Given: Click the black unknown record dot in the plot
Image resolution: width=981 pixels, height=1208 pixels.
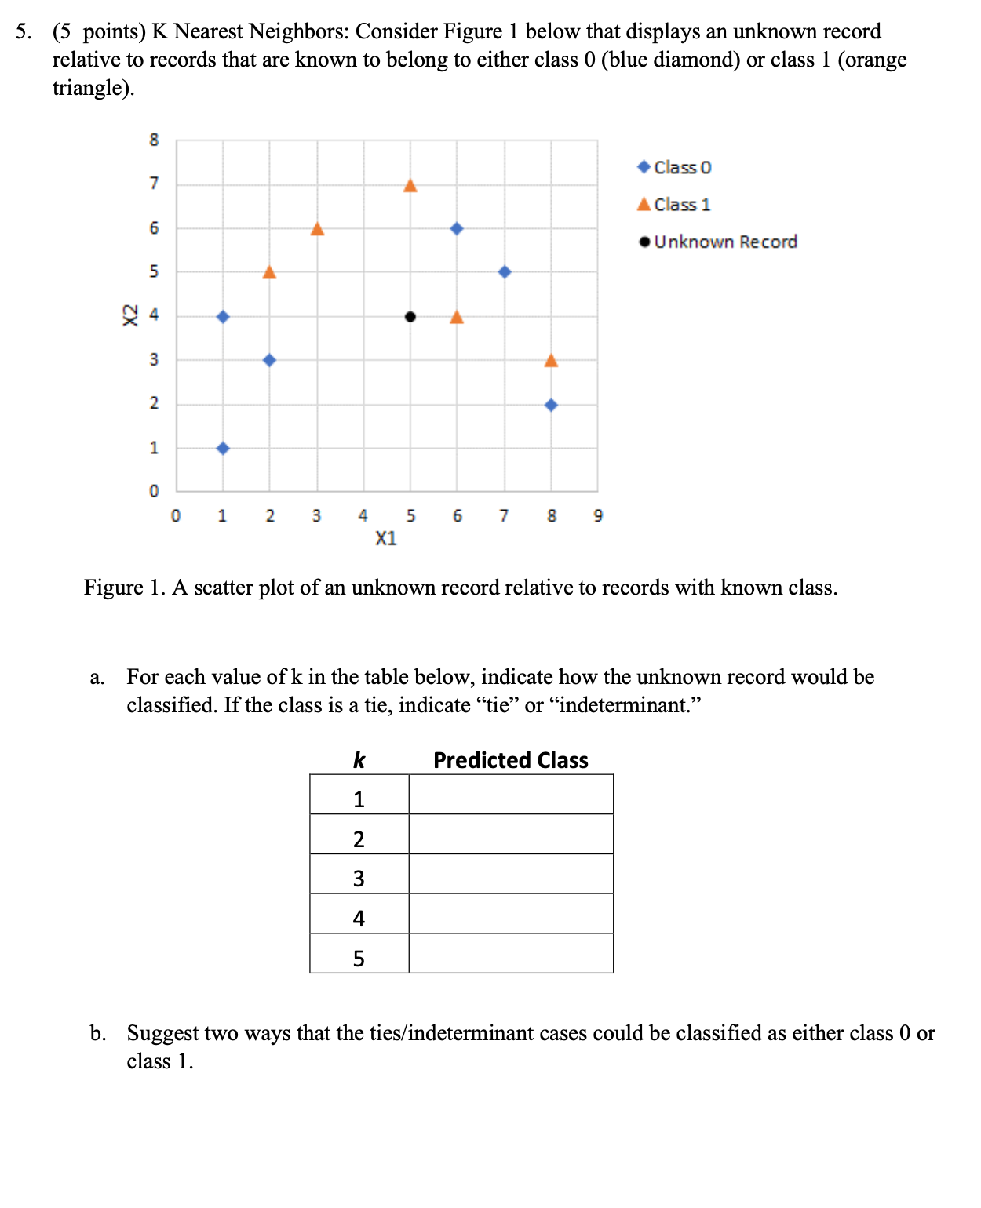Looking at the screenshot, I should pyautogui.click(x=410, y=317).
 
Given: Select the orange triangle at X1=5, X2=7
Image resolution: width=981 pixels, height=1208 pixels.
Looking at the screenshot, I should pyautogui.click(x=410, y=186).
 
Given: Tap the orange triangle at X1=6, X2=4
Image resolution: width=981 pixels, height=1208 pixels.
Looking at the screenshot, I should pyautogui.click(x=457, y=317).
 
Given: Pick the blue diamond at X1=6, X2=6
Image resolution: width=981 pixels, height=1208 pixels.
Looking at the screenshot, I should pyautogui.click(x=457, y=228).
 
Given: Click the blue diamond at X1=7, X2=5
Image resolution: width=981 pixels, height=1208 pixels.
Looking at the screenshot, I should pyautogui.click(x=505, y=272).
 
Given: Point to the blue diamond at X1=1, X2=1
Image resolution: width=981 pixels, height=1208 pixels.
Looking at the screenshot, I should pyautogui.click(x=223, y=449).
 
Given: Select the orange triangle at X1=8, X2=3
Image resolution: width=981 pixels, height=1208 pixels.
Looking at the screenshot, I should pyautogui.click(x=551, y=361).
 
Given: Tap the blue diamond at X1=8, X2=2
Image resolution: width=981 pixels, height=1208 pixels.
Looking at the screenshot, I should pyautogui.click(x=551, y=405).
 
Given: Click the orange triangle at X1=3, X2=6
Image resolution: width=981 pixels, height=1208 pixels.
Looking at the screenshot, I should pyautogui.click(x=317, y=229).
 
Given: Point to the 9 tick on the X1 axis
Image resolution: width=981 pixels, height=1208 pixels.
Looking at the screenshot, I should pyautogui.click(x=598, y=516).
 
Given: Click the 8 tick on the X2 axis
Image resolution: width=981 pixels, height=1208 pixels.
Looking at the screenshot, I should pyautogui.click(x=154, y=140).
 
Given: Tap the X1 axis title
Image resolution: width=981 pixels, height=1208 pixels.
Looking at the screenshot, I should pyautogui.click(x=385, y=539).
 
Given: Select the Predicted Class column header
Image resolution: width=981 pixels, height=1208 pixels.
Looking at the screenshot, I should pyautogui.click(x=510, y=760).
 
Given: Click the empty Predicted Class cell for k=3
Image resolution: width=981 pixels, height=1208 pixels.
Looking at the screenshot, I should pyautogui.click(x=510, y=874).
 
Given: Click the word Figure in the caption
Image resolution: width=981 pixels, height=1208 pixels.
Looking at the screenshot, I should pyautogui.click(x=114, y=588).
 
